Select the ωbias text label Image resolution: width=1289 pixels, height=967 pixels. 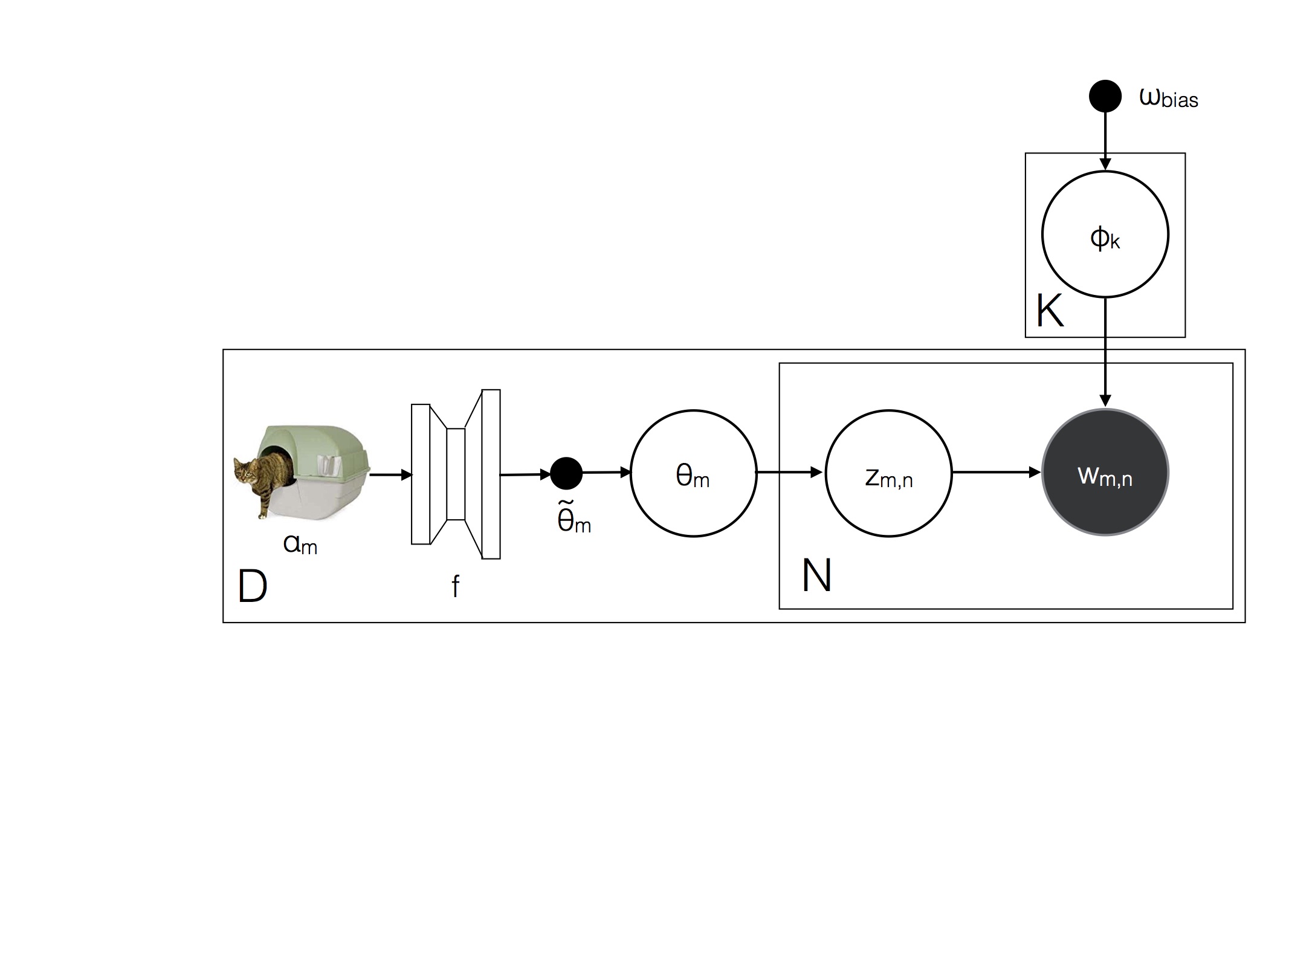click(x=1168, y=98)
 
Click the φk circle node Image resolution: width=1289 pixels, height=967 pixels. click(x=1105, y=234)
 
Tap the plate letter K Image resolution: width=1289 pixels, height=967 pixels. click(x=1050, y=311)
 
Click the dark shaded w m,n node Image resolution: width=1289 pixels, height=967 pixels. click(x=1105, y=473)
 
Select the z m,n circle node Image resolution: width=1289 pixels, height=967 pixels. click(x=888, y=473)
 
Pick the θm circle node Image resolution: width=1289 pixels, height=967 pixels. click(x=693, y=473)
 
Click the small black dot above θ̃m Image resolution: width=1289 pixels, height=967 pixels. click(x=566, y=473)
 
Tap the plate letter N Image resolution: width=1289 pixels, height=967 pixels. click(x=816, y=575)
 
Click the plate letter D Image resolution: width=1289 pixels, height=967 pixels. click(x=253, y=586)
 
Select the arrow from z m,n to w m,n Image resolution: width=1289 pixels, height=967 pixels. click(x=997, y=473)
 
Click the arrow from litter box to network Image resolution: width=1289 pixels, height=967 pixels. click(x=390, y=475)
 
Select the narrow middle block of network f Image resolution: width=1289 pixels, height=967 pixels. click(x=456, y=474)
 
